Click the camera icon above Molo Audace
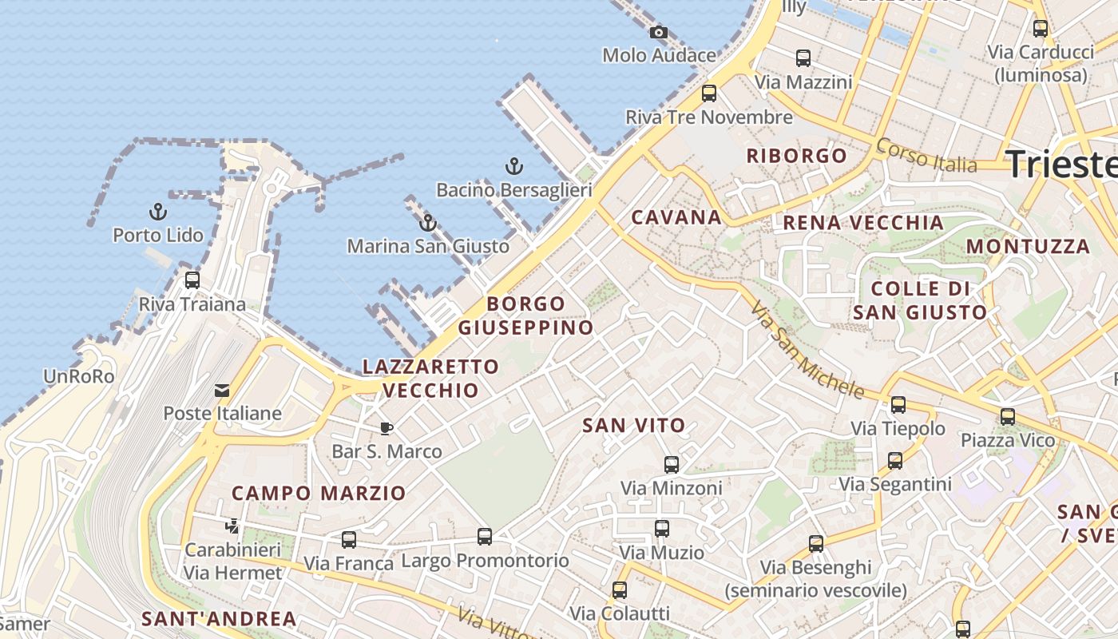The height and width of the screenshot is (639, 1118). pyautogui.click(x=659, y=33)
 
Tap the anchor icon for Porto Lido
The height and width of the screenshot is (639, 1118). pyautogui.click(x=158, y=212)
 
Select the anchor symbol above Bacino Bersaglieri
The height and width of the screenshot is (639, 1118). pyautogui.click(x=514, y=167)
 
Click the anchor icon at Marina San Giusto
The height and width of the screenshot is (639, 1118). pyautogui.click(x=428, y=223)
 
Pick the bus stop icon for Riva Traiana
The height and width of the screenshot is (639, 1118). pyautogui.click(x=192, y=280)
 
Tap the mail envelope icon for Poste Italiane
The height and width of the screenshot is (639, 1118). pyautogui.click(x=222, y=391)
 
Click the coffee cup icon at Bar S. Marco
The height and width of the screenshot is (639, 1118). pyautogui.click(x=387, y=429)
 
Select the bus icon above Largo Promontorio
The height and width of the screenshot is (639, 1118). pyautogui.click(x=485, y=537)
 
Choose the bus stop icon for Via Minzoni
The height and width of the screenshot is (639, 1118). pyautogui.click(x=672, y=465)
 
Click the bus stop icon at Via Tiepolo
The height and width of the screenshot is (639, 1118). pyautogui.click(x=898, y=405)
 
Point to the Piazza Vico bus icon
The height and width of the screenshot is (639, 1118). pyautogui.click(x=1008, y=417)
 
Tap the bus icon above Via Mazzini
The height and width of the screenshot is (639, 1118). pyautogui.click(x=803, y=58)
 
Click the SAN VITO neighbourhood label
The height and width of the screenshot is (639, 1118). pyautogui.click(x=634, y=426)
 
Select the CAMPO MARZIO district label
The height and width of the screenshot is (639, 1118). pyautogui.click(x=319, y=493)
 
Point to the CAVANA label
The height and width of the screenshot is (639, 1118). pyautogui.click(x=676, y=217)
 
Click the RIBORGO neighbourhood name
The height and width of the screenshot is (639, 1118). pyautogui.click(x=796, y=156)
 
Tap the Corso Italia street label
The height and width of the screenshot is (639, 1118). pyautogui.click(x=926, y=155)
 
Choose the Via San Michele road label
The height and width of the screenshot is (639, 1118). pyautogui.click(x=807, y=350)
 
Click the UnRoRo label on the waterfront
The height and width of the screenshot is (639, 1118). pyautogui.click(x=79, y=376)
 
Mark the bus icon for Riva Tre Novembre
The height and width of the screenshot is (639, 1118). pyautogui.click(x=709, y=93)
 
